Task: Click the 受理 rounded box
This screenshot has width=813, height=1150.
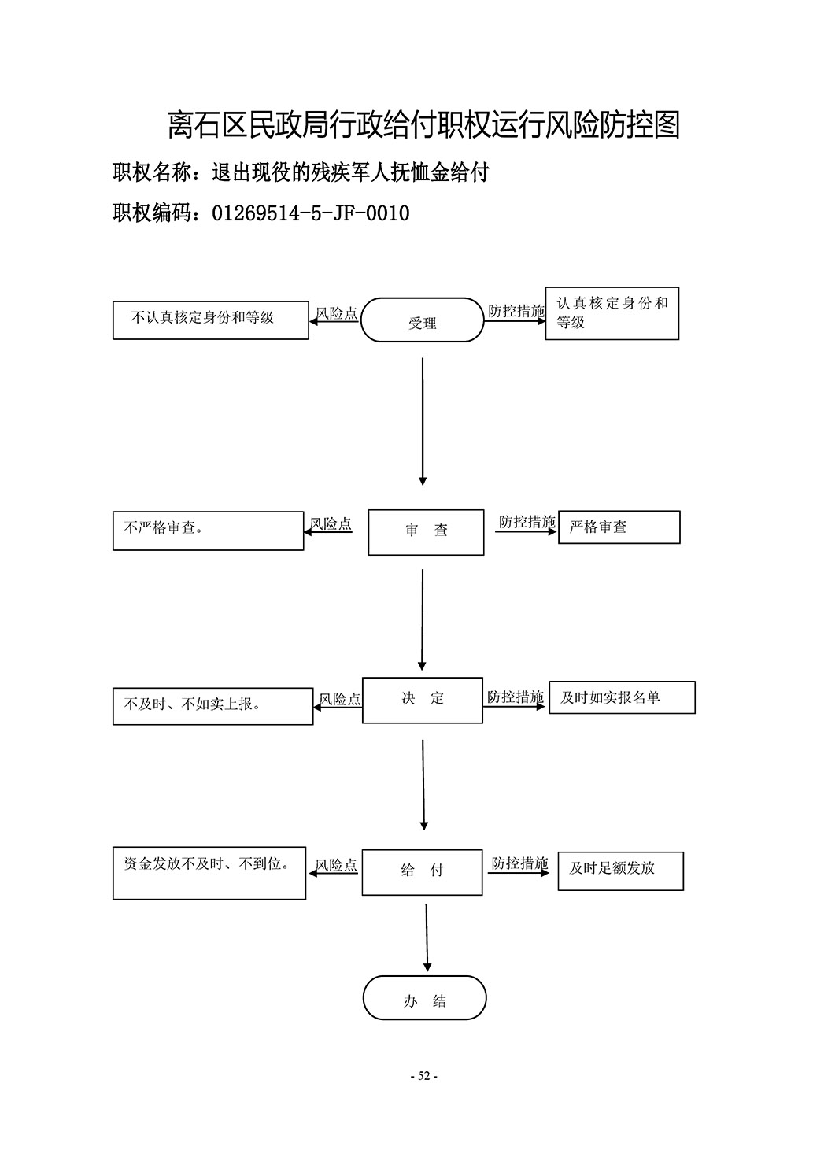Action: click(422, 320)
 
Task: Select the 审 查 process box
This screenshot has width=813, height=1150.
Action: click(426, 532)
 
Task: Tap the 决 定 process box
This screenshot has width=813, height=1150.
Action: click(423, 701)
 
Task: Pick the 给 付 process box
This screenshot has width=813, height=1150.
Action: click(422, 872)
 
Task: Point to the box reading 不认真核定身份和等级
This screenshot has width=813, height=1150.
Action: click(210, 320)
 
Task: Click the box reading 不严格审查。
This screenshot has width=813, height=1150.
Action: click(208, 531)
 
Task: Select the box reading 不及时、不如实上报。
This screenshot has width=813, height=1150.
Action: click(212, 706)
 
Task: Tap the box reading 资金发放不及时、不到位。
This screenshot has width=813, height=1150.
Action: click(209, 873)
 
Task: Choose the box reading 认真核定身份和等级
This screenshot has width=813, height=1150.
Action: click(612, 313)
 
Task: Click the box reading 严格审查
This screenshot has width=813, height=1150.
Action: click(619, 527)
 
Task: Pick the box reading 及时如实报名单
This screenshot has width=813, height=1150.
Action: click(622, 697)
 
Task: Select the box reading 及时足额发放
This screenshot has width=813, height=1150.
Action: click(620, 871)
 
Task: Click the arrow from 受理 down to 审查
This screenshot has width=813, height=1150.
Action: click(423, 421)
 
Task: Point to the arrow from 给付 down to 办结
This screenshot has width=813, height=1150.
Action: click(427, 937)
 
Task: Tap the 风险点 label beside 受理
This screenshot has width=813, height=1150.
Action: click(336, 313)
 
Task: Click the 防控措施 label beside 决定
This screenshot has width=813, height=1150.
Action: click(515, 697)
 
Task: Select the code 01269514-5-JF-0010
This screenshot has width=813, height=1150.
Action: click(311, 213)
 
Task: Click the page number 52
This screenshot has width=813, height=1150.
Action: click(424, 1075)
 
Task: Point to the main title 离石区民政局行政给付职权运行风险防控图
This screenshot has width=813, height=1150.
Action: click(424, 124)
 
